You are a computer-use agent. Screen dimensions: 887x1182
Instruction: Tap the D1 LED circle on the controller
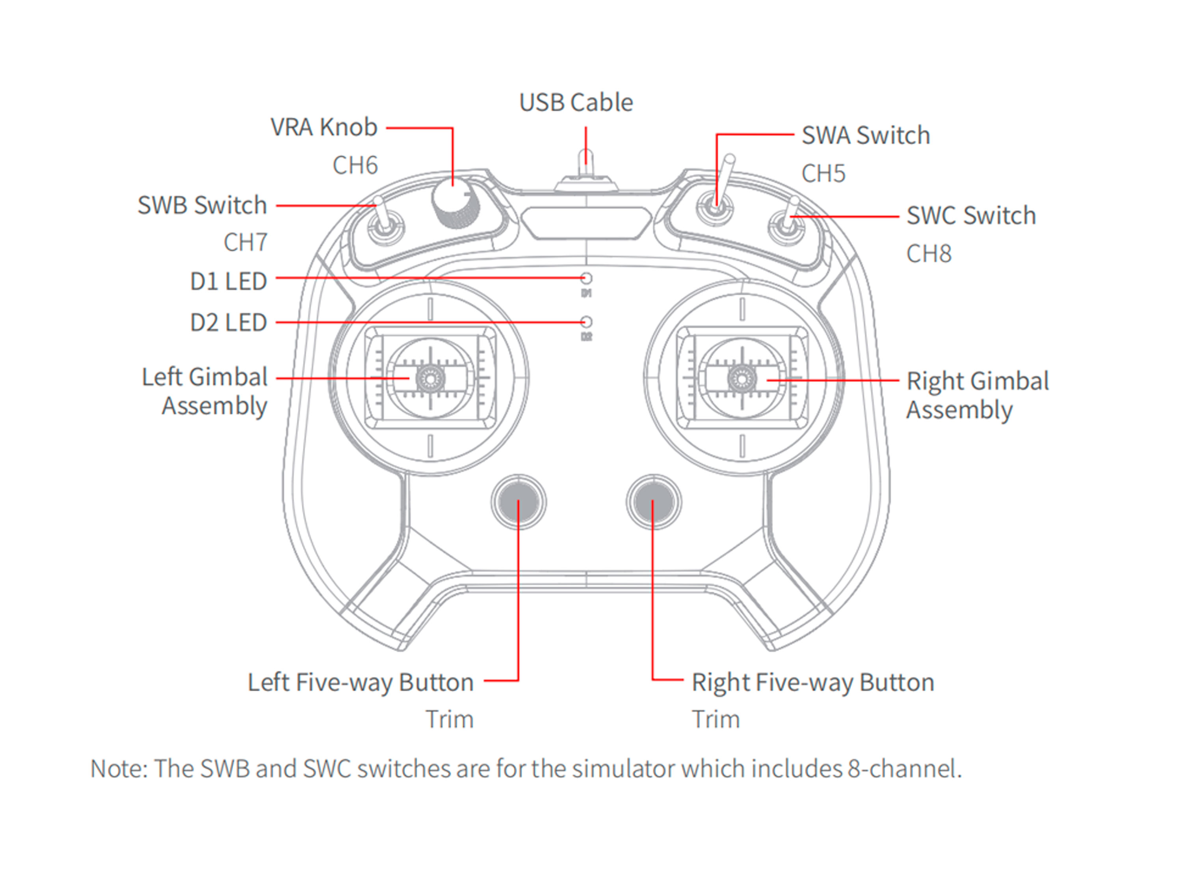(586, 278)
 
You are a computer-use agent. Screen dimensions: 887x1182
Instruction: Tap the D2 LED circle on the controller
(586, 322)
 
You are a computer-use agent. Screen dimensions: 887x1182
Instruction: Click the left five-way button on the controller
(518, 502)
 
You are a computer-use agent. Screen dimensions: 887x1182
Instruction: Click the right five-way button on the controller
(653, 502)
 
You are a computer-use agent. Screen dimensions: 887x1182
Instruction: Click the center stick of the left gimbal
(430, 378)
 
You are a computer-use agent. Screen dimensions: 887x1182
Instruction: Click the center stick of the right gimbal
(742, 378)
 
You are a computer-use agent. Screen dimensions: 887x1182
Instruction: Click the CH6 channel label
(355, 165)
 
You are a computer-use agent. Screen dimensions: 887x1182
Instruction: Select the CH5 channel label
(823, 173)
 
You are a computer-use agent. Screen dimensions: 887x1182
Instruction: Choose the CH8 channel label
(929, 253)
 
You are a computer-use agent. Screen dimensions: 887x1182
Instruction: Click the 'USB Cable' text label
(576, 102)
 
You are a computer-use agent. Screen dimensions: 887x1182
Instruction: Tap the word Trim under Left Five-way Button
(450, 719)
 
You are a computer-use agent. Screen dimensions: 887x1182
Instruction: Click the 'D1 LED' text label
(228, 281)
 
